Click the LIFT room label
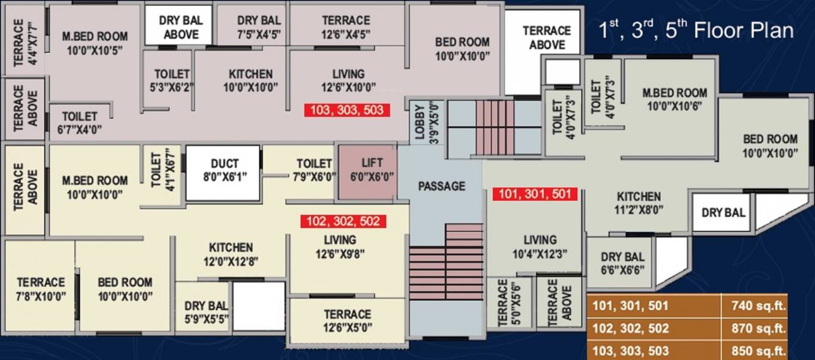coord(372,170)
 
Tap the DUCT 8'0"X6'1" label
coord(224,170)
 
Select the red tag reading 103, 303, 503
coord(347,110)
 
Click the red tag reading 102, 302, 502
coord(343,220)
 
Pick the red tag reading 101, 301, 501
coord(534,194)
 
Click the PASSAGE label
coord(442,186)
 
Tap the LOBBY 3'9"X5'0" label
coord(426,121)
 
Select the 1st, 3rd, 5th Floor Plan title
coord(696,31)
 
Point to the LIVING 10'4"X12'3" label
coord(540,247)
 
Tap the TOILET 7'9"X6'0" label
coord(314,170)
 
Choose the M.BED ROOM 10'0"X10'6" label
coord(675,99)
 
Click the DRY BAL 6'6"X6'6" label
coord(622,264)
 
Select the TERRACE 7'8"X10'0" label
coord(41,289)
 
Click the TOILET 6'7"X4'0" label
coord(80,122)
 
